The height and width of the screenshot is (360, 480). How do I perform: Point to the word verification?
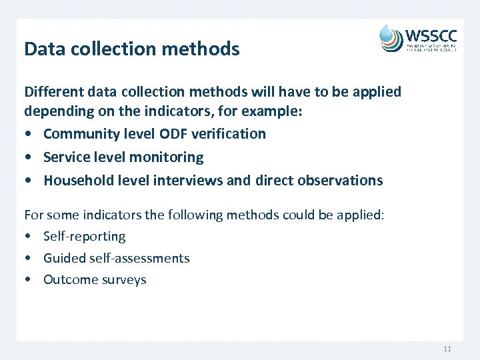[x=228, y=134]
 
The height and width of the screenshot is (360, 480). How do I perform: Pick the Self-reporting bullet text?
[x=84, y=237]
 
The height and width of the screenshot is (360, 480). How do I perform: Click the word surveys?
[x=124, y=280]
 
